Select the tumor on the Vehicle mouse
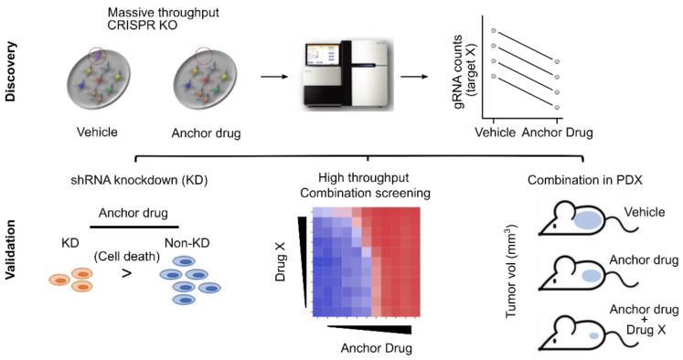coord(589,219)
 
